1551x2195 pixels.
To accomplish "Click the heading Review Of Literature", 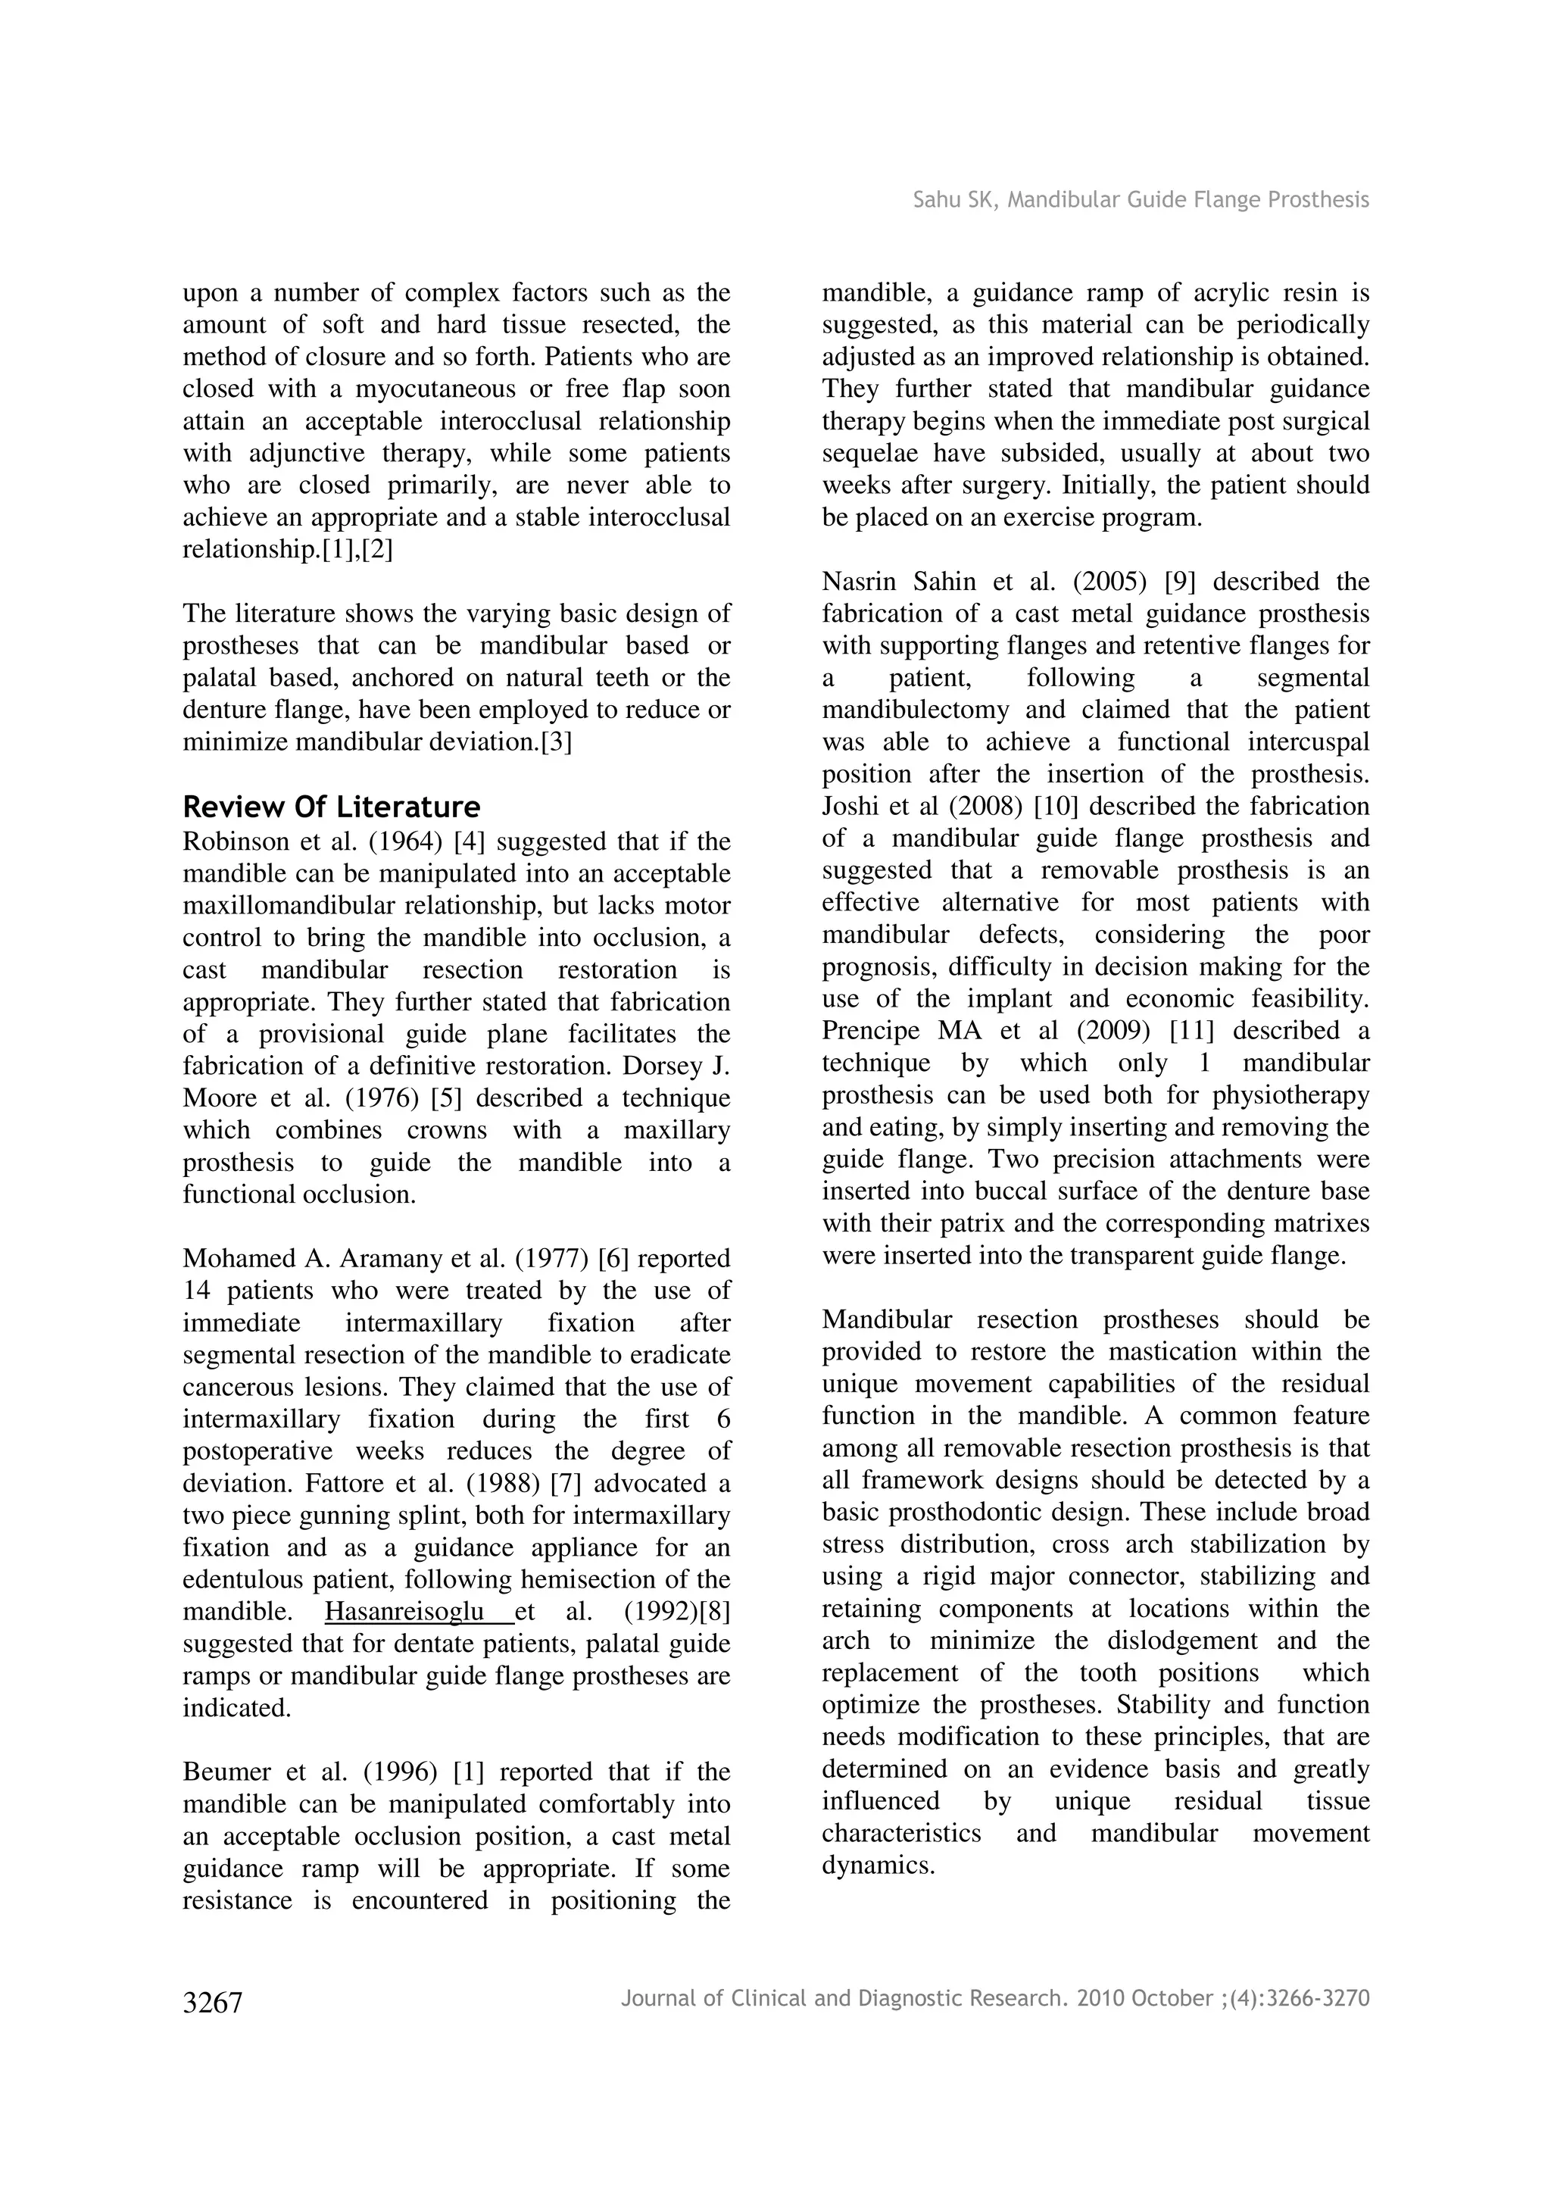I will coord(331,808).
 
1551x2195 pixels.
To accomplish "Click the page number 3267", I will coord(212,2003).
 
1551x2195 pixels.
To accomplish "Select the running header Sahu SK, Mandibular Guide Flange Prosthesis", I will coord(1140,200).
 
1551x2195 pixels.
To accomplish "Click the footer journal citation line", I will coord(995,1998).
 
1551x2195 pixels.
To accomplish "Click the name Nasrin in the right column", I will coord(859,582).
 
